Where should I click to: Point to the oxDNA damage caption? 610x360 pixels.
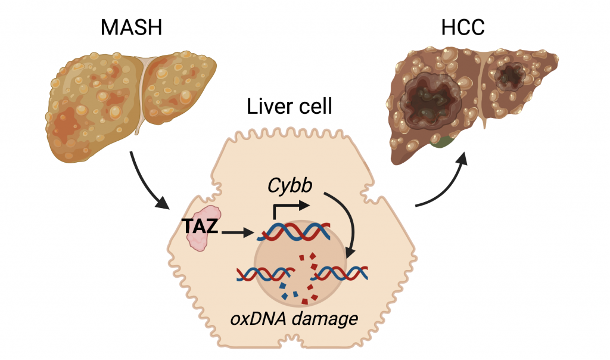click(295, 318)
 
